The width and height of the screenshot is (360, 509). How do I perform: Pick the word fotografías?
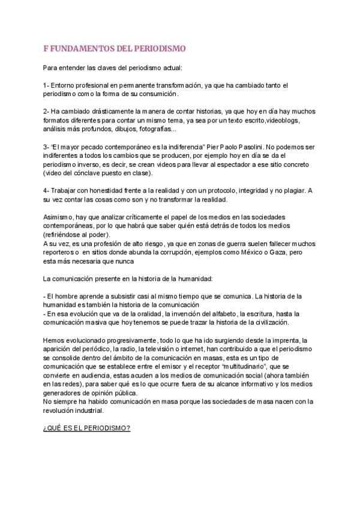pos(155,129)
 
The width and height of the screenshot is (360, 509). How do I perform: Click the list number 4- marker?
pos(46,190)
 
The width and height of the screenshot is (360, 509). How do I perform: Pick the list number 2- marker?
pos(46,112)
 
